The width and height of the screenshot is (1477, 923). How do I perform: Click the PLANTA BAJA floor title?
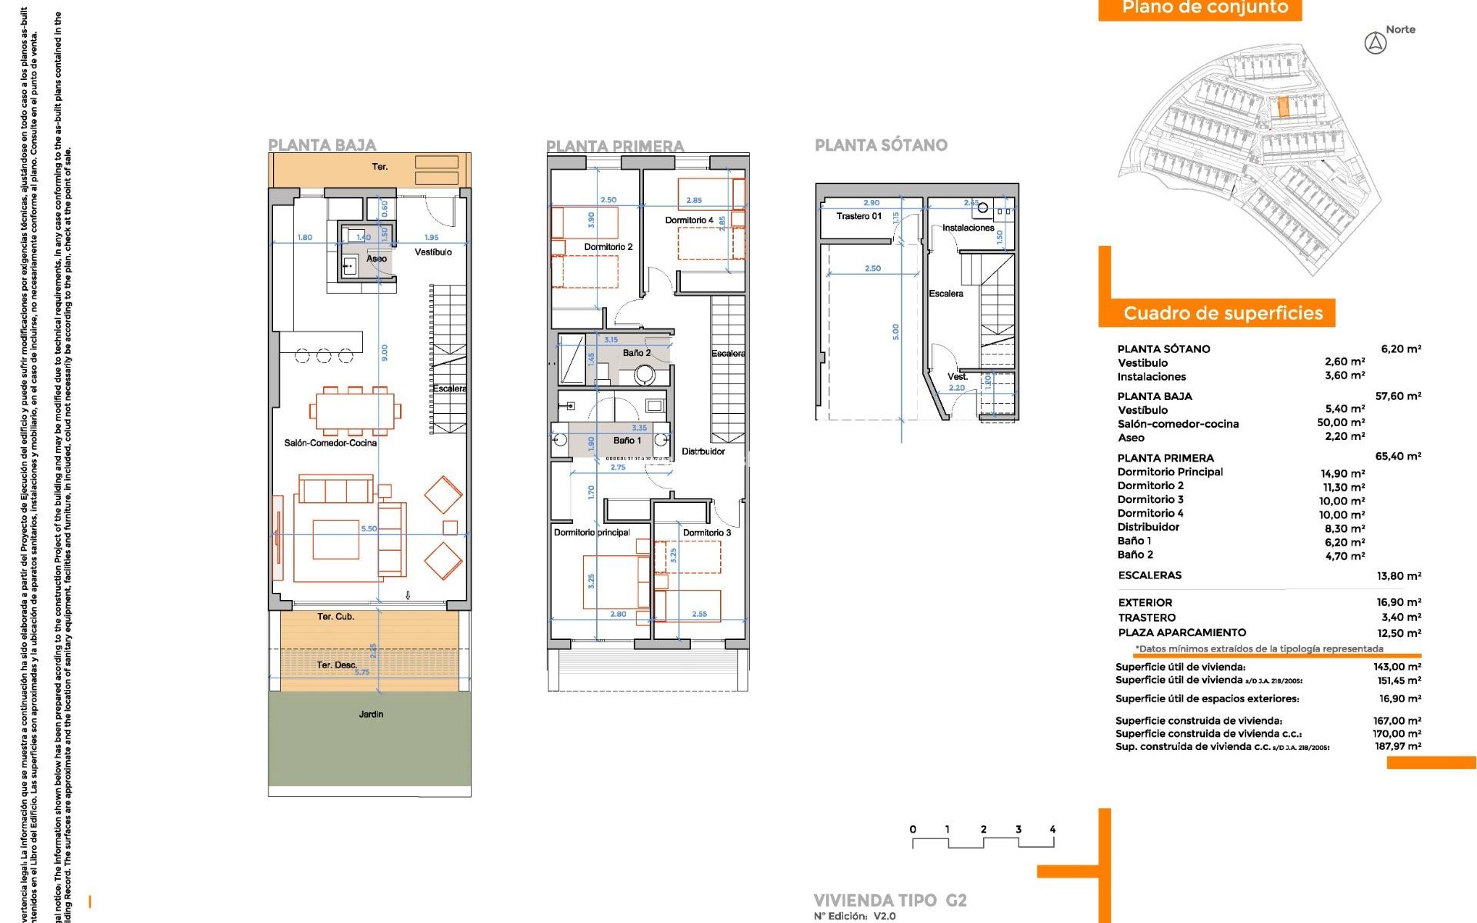coord(322,145)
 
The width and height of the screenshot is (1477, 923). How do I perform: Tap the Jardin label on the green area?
coord(371,715)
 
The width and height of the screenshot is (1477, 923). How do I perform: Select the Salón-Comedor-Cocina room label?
coord(331,443)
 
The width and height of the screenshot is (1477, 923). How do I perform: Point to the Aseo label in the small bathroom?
coord(376,258)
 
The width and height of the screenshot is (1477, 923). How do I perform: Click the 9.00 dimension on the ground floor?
coord(385,352)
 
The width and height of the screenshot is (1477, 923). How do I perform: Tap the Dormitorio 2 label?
coord(608,247)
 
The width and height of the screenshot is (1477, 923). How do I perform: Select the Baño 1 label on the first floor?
coord(627,441)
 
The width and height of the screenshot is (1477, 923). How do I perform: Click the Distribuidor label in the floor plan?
coord(703,452)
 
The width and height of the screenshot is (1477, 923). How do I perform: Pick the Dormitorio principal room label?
coord(592,532)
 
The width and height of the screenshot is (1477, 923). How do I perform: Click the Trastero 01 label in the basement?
coord(859,216)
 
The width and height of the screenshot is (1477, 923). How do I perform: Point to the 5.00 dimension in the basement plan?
coord(895,332)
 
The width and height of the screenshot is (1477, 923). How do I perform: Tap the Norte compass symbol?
coord(1375,43)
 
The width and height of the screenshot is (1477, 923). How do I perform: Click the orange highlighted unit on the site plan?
coord(1282,107)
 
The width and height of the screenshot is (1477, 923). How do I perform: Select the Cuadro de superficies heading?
coord(1222,313)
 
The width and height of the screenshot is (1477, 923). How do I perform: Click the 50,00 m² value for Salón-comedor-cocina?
coord(1340,422)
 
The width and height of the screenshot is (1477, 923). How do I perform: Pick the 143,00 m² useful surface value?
coord(1397,667)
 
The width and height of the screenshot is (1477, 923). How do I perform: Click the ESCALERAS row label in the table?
coord(1149,575)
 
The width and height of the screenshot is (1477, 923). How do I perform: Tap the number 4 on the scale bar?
coord(1052,829)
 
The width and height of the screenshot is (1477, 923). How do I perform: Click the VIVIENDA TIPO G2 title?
coord(889,900)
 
